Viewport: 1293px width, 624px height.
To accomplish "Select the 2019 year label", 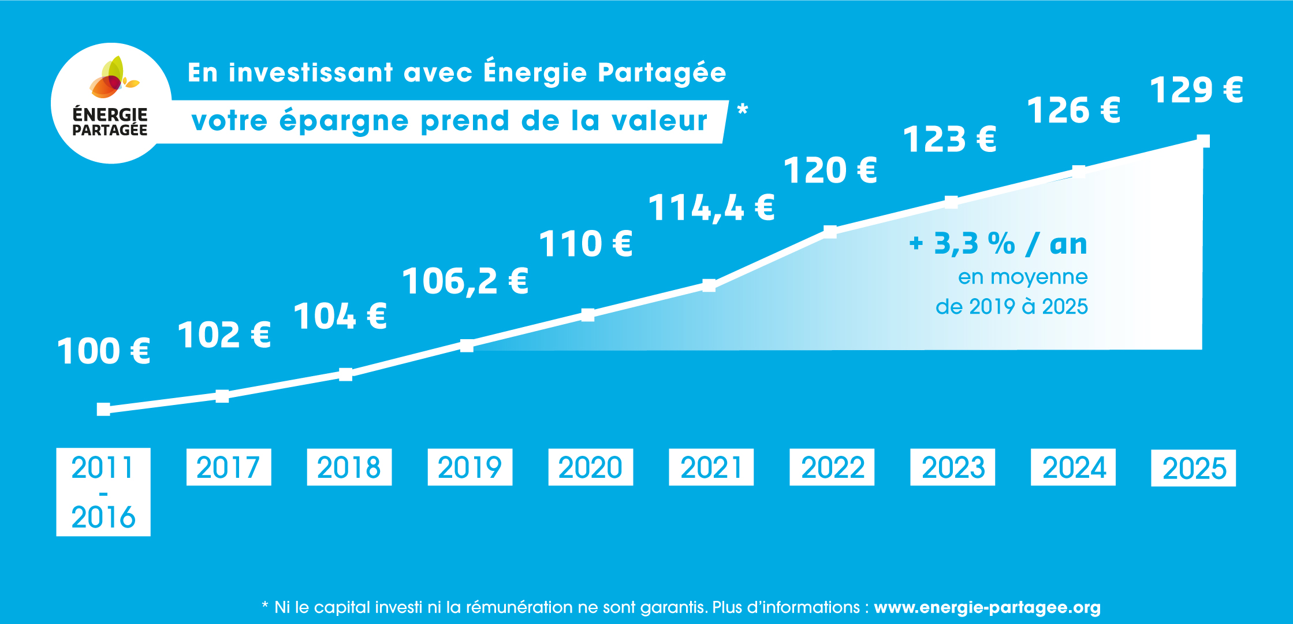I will [469, 467].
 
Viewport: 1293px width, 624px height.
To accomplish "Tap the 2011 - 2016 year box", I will [103, 492].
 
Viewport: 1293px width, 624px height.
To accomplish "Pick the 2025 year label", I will [1193, 468].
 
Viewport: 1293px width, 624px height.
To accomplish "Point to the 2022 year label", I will [832, 467].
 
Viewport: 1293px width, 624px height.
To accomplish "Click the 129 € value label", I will [1196, 90].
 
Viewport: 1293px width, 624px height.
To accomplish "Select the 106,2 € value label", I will [465, 281].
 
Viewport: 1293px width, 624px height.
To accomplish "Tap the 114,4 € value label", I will [711, 208].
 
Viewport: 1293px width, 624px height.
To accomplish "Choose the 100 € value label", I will [104, 351].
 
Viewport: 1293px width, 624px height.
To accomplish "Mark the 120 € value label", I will [830, 171].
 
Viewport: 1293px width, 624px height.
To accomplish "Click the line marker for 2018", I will [345, 374].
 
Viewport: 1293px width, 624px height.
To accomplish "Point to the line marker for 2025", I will [1203, 141].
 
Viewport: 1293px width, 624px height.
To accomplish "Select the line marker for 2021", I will [709, 285].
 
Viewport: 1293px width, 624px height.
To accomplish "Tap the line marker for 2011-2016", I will [103, 410].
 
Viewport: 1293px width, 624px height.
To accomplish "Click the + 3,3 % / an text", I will [998, 244].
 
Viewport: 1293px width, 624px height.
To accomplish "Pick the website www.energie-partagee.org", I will [987, 608].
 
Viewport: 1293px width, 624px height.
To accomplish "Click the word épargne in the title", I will [344, 122].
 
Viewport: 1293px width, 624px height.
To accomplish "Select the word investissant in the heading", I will [311, 73].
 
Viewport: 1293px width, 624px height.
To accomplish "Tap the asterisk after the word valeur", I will [743, 109].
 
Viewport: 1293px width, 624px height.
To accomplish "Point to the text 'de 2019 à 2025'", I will [1011, 306].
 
